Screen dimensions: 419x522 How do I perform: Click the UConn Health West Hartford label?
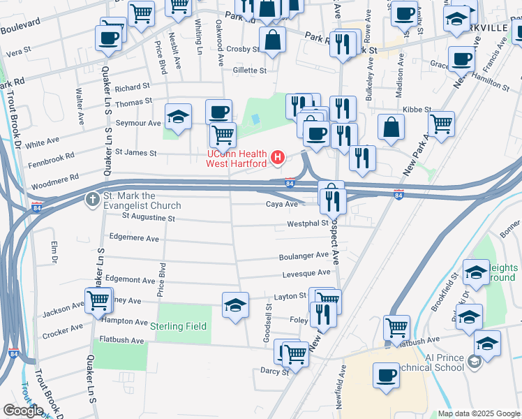pos(236,159)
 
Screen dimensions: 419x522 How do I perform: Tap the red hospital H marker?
pos(278,157)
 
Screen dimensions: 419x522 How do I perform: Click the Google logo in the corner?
pos(23,411)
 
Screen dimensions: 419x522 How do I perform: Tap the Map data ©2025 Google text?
pos(479,413)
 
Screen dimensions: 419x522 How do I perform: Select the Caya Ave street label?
pos(282,204)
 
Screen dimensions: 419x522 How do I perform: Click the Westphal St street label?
pos(308,223)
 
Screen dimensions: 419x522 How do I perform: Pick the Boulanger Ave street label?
pos(304,256)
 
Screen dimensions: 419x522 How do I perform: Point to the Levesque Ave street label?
pos(306,273)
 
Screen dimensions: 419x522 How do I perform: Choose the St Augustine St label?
pos(148,217)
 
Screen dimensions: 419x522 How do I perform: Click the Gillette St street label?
pos(250,71)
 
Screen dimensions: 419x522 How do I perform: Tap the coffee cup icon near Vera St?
pos(109,38)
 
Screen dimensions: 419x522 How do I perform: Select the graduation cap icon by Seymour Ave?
pos(178,117)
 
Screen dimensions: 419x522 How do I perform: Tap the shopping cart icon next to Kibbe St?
pos(441,124)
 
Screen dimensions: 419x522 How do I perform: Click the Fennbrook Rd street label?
pos(51,161)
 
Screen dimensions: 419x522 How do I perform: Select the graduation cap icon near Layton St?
pos(235,304)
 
